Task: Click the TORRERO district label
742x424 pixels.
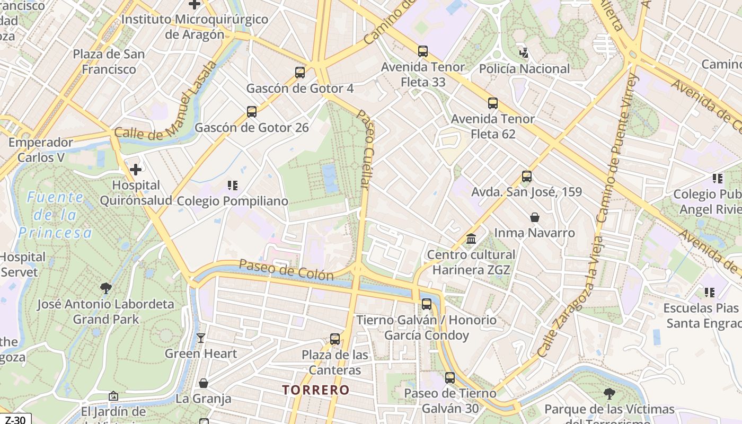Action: [x=316, y=390]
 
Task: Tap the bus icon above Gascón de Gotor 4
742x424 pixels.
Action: [x=300, y=73]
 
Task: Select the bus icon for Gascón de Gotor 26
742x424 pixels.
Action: [x=252, y=112]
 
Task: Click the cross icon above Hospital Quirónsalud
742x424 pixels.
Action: [x=136, y=170]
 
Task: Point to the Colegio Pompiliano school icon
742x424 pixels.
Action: [x=232, y=185]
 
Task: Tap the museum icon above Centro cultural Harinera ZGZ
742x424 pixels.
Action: [x=471, y=239]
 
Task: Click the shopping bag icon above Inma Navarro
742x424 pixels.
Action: [x=535, y=217]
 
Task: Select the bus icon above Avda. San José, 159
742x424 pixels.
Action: [x=526, y=176]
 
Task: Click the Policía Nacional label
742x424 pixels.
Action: [x=524, y=69]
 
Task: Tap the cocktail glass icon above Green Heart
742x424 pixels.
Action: [x=201, y=338]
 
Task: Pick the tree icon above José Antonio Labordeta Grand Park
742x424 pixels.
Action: [x=106, y=288]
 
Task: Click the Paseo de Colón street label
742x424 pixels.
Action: [x=286, y=270]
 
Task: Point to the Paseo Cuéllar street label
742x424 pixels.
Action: [x=364, y=149]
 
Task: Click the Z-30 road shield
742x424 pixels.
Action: [x=15, y=419]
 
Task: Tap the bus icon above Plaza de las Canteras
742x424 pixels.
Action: [x=335, y=339]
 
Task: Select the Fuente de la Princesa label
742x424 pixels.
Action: [x=55, y=215]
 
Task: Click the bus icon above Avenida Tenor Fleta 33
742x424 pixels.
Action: [x=423, y=51]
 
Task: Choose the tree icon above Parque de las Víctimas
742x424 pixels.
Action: [x=609, y=394]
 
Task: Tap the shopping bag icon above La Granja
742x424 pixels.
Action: [x=203, y=383]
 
